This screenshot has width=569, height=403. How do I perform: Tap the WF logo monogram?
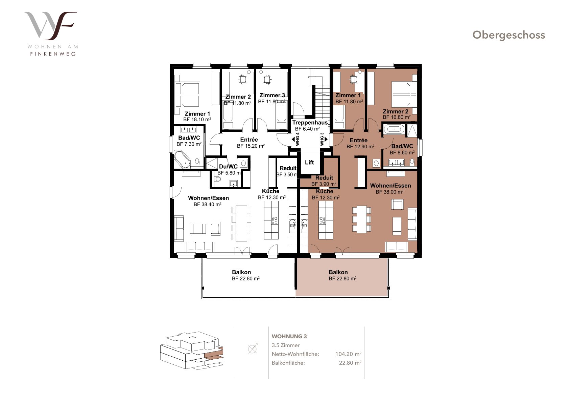[x=51, y=26]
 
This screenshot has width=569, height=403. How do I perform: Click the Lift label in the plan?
[x=309, y=162]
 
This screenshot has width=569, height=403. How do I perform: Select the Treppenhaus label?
[x=310, y=123]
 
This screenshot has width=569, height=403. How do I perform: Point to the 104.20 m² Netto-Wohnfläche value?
[x=348, y=354]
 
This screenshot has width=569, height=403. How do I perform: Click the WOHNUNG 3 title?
[x=289, y=336]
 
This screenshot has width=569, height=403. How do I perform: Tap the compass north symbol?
[x=253, y=348]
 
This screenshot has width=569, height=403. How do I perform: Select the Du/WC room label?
[x=228, y=167]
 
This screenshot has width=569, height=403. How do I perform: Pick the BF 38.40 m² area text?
[x=208, y=204]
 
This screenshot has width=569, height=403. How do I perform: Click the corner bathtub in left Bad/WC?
[x=182, y=160]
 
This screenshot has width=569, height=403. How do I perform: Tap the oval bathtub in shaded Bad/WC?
[x=394, y=129]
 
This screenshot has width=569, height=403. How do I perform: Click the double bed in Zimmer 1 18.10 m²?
[x=187, y=94]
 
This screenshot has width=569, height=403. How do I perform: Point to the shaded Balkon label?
[x=338, y=272]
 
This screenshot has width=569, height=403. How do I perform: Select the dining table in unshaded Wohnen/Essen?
[x=241, y=224]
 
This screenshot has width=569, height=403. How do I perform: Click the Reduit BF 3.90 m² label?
[x=324, y=181]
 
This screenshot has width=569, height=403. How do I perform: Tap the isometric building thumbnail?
[x=192, y=350]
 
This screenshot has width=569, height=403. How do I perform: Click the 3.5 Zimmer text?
[x=286, y=345]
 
